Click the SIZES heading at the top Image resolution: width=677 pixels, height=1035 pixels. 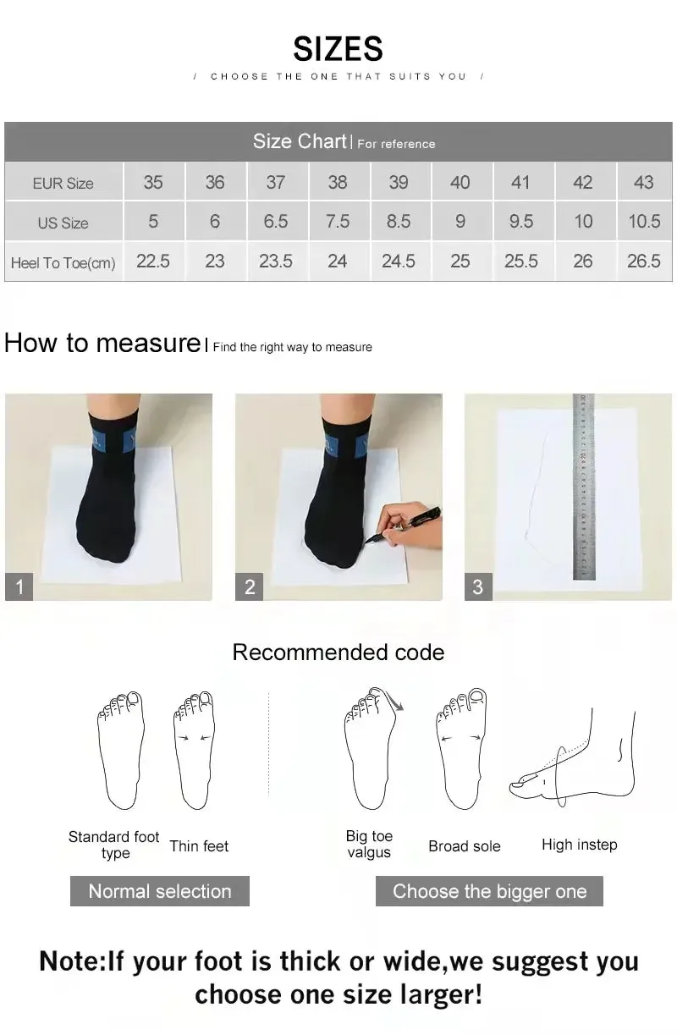tap(338, 49)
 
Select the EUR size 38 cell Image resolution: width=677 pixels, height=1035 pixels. tap(337, 182)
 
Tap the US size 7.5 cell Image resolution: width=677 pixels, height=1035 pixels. tap(337, 222)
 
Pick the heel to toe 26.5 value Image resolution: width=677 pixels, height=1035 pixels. tap(643, 262)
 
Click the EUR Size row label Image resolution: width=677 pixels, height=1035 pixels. tap(63, 183)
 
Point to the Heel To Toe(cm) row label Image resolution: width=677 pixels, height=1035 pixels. tap(63, 262)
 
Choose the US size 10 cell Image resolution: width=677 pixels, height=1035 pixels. tap(583, 222)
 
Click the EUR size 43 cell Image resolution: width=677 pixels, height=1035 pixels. tap(643, 182)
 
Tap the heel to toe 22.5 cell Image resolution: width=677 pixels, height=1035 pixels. tap(153, 262)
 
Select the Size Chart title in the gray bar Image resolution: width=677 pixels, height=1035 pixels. tap(300, 141)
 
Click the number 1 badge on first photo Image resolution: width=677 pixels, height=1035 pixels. tap(19, 586)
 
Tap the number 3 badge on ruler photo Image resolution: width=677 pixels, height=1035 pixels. tap(478, 586)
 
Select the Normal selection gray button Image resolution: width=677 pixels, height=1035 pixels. tap(160, 891)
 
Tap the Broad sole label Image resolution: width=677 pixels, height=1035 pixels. tap(464, 846)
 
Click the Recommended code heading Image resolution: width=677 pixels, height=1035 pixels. tap(338, 652)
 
